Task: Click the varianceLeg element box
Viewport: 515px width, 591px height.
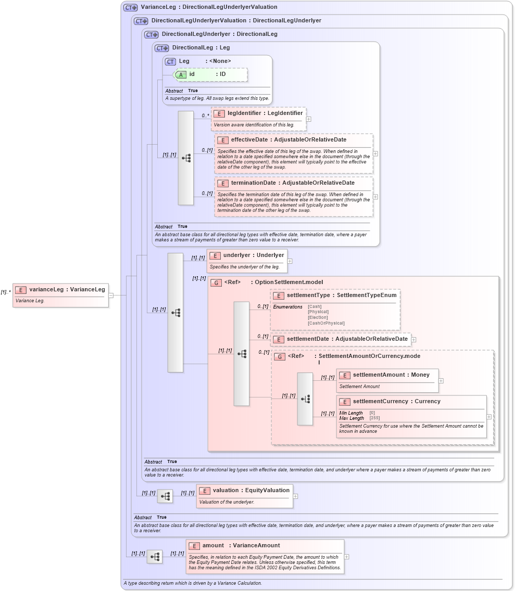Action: click(60, 295)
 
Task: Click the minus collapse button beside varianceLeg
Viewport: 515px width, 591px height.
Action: click(111, 295)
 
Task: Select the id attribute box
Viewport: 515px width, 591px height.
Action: click(210, 74)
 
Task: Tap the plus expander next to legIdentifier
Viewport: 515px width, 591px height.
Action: click(309, 119)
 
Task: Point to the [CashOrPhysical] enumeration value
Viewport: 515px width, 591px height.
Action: click(326, 323)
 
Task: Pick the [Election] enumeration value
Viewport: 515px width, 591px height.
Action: click(318, 317)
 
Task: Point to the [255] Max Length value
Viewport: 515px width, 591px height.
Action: click(374, 418)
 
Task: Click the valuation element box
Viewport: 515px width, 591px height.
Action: click(244, 496)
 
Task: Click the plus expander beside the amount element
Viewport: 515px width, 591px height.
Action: click(347, 557)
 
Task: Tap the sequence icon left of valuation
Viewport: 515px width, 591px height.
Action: click(165, 497)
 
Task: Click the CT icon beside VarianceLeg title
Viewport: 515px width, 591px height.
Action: click(130, 8)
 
